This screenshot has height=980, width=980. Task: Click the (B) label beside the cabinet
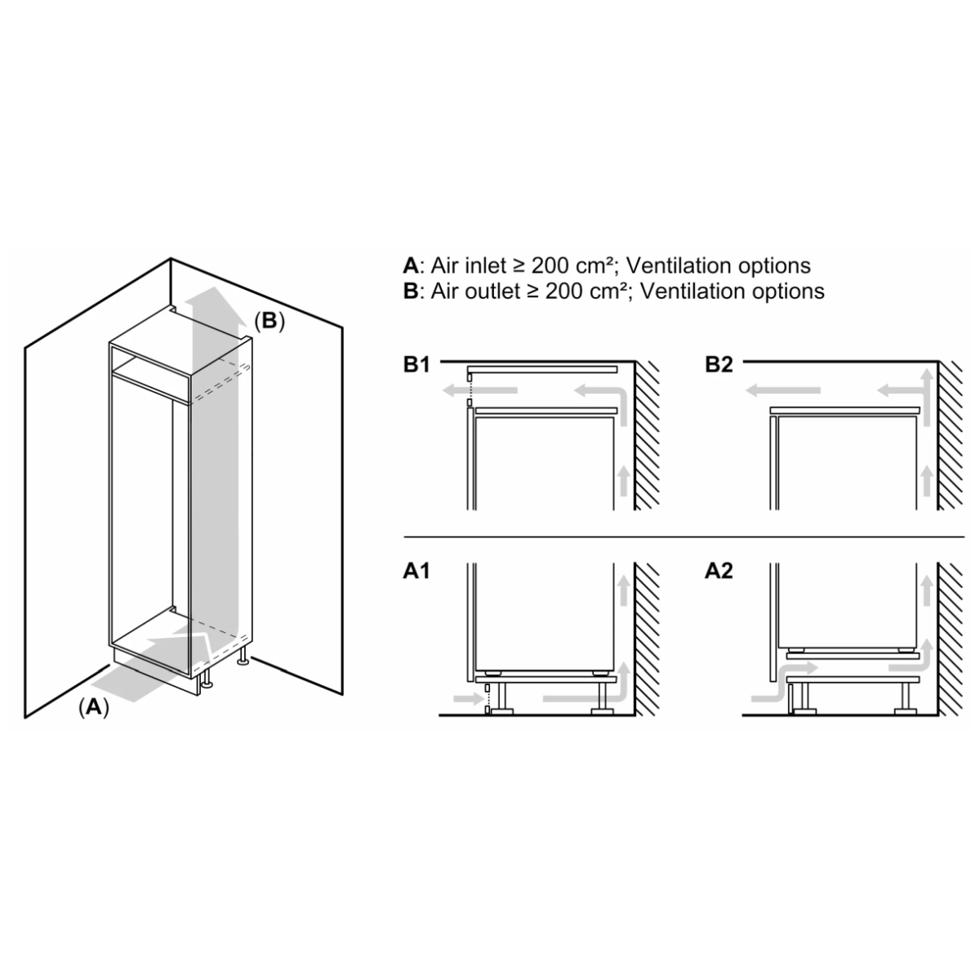269,321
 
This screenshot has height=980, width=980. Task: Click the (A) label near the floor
94,707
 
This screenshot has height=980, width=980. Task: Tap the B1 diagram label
416,364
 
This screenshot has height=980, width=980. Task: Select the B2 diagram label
719,364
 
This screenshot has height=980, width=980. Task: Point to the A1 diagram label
416,571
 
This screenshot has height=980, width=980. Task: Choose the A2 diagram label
719,571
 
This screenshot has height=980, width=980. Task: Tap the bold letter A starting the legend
411,265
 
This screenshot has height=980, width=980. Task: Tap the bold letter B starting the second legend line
411,292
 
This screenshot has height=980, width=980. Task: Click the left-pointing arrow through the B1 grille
479,390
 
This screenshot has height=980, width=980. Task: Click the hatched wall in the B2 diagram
950,435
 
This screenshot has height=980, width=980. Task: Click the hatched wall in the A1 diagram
647,639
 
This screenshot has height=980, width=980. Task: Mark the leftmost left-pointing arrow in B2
782,390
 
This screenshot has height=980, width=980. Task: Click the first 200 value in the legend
550,266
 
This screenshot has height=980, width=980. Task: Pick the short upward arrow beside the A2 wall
927,590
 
